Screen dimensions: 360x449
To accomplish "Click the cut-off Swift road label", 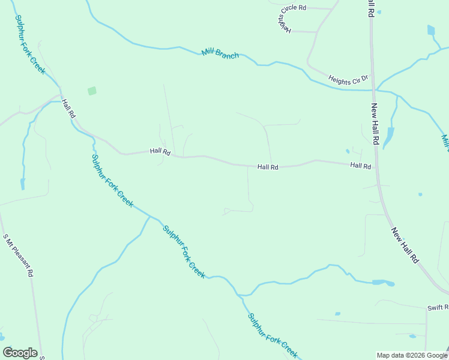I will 438,308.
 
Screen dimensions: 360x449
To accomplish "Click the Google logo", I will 20,353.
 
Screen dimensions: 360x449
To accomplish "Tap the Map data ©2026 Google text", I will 412,355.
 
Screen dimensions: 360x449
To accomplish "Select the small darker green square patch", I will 92,91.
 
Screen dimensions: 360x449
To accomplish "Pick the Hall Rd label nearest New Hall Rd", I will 361,166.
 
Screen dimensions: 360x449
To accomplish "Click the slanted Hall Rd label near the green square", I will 68,108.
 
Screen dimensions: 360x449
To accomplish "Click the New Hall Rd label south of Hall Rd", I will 406,245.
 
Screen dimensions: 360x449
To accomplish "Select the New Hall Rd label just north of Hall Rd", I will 375,125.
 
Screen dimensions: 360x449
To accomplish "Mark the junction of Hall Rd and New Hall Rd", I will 377,167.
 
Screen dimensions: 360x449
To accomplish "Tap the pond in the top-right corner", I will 431,30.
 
